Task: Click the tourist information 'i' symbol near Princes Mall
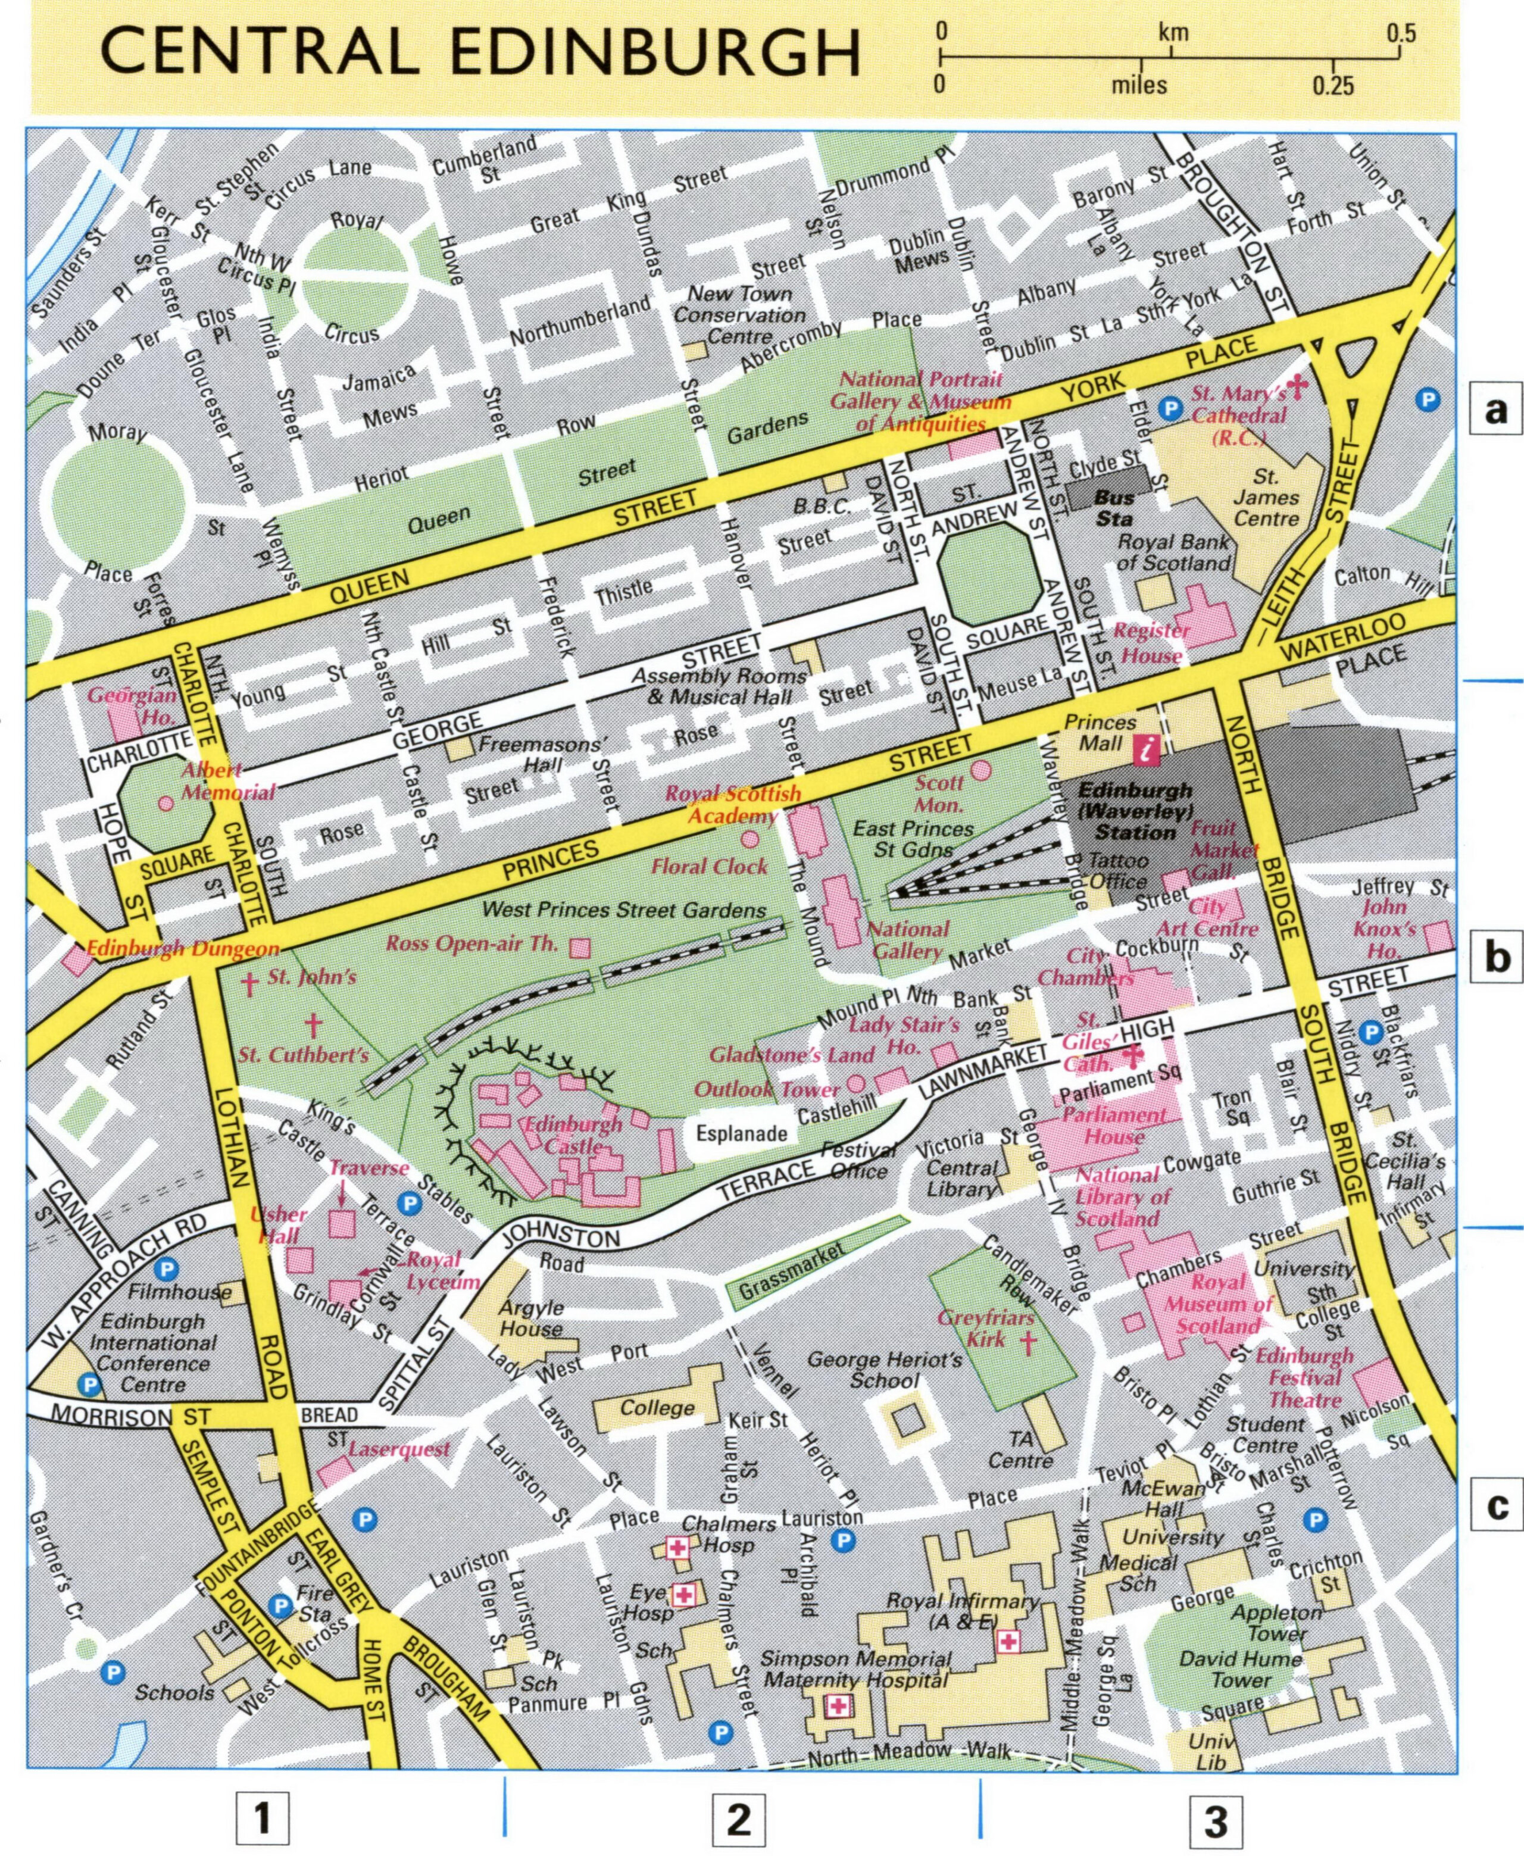coord(1145,749)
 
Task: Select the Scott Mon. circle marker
coord(980,770)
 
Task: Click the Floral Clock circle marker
coord(749,839)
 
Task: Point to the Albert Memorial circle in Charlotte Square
coord(165,802)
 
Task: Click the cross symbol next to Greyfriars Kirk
coord(1026,1342)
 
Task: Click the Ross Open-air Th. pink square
coord(579,948)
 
